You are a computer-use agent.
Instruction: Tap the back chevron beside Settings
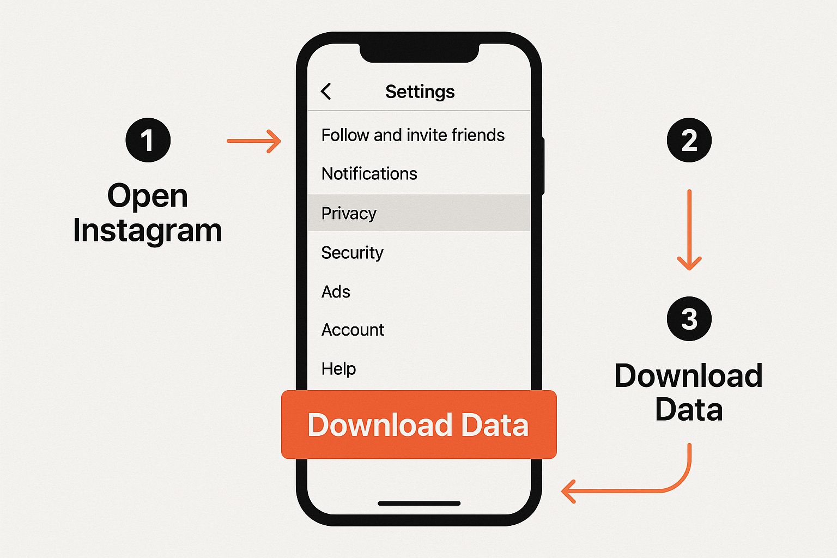(326, 91)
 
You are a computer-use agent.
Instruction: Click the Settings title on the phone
(420, 92)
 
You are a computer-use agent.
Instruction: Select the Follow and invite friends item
(413, 135)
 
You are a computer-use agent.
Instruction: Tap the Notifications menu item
(369, 173)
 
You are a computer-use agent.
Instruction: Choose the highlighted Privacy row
(419, 213)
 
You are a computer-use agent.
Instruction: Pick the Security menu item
(353, 253)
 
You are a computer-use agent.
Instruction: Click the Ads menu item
(336, 292)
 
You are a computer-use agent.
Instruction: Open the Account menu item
(353, 330)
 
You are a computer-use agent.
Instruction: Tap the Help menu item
(338, 369)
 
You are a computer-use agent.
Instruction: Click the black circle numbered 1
(148, 140)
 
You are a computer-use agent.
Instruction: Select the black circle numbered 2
(689, 140)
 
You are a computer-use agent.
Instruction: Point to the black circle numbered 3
(689, 318)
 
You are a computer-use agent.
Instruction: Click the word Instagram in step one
(148, 231)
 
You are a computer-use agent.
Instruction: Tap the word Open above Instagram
(148, 196)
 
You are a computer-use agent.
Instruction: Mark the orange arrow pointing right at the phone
(254, 141)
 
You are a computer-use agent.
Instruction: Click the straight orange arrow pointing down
(689, 230)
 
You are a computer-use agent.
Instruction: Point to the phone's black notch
(419, 53)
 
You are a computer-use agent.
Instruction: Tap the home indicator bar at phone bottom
(419, 504)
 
